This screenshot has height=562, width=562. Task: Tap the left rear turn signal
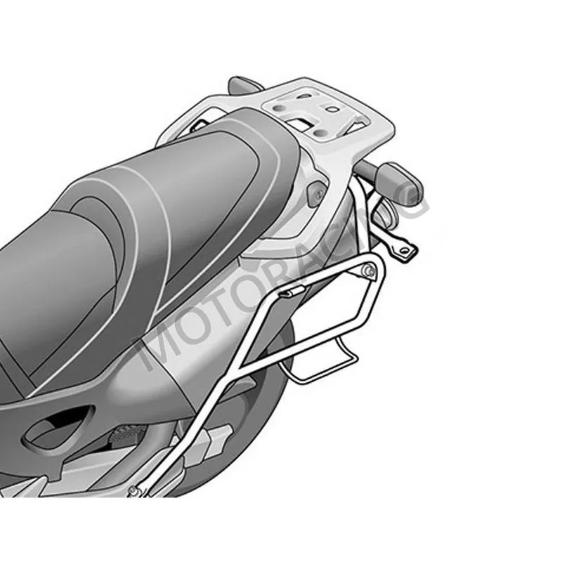tap(244, 84)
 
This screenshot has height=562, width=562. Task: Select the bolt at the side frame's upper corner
tap(370, 270)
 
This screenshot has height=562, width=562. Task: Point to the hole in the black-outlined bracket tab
tap(405, 251)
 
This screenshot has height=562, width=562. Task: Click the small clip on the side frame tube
tap(293, 292)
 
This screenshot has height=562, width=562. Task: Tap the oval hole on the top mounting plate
tap(333, 109)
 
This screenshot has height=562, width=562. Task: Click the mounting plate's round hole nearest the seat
tap(280, 108)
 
